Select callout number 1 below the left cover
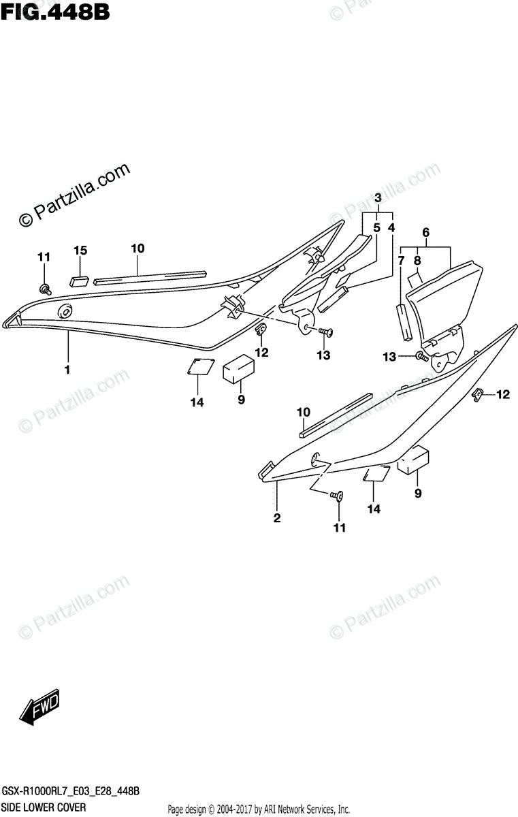click(x=67, y=370)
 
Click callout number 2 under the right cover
click(x=277, y=519)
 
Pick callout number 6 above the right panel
click(x=426, y=233)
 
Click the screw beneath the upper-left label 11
click(x=46, y=289)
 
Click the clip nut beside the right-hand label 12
click(x=479, y=394)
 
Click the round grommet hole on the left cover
click(x=66, y=312)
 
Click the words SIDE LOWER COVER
click(x=46, y=807)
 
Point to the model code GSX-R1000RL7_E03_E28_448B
click(x=71, y=792)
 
